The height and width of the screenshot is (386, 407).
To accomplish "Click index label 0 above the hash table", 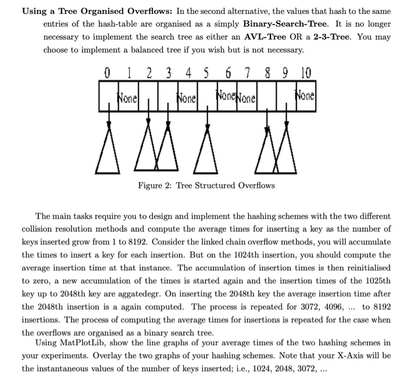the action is tap(106, 74).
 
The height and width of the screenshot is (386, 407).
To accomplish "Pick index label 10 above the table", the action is tap(306, 74).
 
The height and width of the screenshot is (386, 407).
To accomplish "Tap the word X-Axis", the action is tap(347, 355).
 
